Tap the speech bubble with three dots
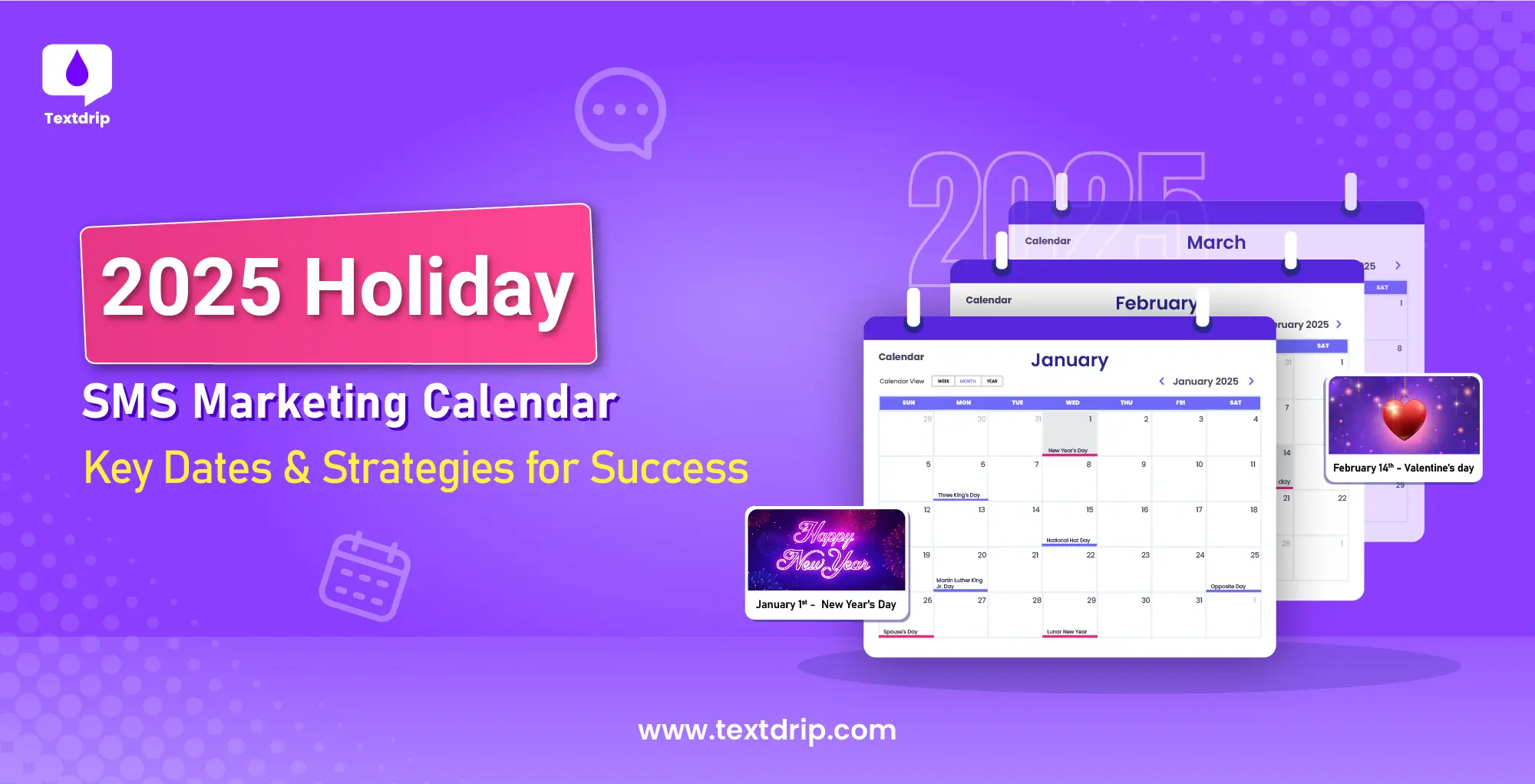pos(620,111)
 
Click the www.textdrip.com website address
pos(767,729)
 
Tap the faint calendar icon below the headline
pos(365,576)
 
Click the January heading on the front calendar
pos(1069,360)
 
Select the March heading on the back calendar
pos(1216,243)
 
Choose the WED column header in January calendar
pos(1072,402)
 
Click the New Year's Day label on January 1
pos(1068,451)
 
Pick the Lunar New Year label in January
pos(1067,632)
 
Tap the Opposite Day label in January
pos(1228,587)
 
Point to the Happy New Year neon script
pos(824,548)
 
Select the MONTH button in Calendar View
pos(968,381)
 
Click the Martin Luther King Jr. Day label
pos(959,583)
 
